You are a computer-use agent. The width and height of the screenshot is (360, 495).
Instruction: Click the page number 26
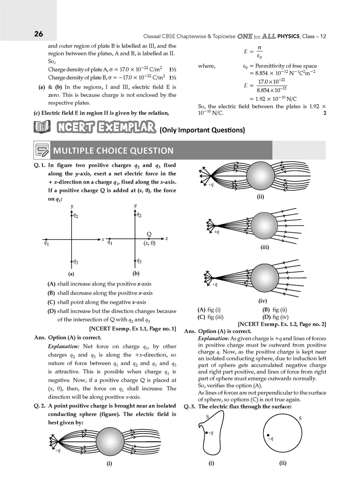[39, 34]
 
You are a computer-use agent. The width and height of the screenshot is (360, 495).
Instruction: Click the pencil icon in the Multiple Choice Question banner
[42, 150]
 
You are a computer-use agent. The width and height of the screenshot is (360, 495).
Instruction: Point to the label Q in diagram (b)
[149, 234]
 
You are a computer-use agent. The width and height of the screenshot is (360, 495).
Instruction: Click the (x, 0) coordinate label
[149, 243]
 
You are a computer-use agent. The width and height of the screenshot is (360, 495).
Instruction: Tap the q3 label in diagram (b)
[139, 261]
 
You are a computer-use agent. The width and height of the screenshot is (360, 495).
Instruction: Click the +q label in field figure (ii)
[211, 185]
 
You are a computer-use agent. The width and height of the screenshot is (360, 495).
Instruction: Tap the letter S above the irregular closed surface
[207, 417]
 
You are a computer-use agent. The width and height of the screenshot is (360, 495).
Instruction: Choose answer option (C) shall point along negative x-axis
[97, 302]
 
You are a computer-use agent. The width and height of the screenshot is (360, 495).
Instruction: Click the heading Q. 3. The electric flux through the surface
[238, 406]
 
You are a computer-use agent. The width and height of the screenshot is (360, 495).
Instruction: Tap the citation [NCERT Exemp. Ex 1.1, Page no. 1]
[133, 329]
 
